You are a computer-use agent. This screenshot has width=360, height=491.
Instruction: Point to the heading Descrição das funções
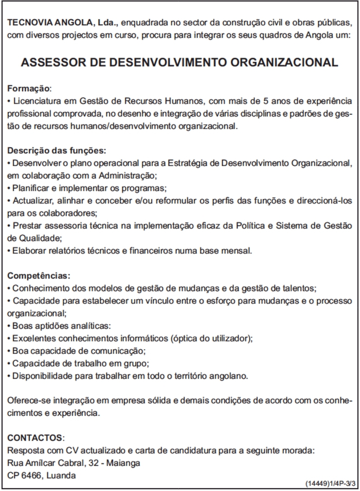[57, 151]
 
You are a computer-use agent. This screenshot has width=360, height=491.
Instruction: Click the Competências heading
[39, 276]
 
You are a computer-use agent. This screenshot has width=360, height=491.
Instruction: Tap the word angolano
[230, 376]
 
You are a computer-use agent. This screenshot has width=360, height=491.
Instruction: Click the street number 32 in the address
[94, 463]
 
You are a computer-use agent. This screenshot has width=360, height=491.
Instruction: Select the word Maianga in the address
[123, 463]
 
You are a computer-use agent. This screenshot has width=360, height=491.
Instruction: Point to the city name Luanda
[61, 475]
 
